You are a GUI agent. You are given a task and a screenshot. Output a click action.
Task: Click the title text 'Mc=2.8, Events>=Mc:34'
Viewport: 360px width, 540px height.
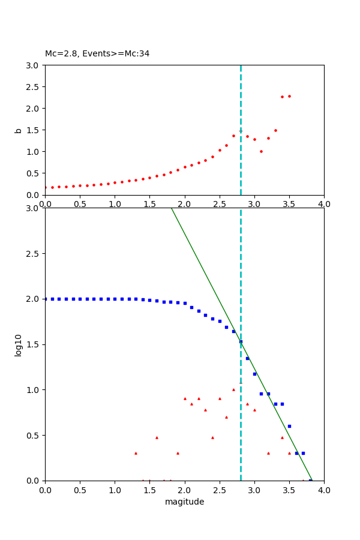point(97,53)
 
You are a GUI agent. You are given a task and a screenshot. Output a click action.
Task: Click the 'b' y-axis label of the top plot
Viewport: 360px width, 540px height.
point(19,130)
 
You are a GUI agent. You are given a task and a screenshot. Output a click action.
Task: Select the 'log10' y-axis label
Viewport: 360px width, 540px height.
point(19,345)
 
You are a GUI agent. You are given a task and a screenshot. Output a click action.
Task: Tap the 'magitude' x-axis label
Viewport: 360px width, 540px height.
point(184,502)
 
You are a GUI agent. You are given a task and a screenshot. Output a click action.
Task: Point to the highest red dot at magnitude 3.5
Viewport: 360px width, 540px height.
point(289,96)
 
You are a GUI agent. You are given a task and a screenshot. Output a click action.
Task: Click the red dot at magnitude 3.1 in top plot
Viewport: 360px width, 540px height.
point(261,151)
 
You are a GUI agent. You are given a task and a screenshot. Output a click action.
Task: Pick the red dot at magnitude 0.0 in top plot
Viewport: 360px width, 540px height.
point(45,187)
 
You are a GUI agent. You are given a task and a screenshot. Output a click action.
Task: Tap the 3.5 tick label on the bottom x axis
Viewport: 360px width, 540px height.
point(289,490)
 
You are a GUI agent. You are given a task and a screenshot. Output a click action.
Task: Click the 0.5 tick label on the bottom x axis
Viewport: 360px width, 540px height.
point(80,490)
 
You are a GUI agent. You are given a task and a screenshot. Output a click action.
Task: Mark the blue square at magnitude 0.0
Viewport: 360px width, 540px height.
point(46,299)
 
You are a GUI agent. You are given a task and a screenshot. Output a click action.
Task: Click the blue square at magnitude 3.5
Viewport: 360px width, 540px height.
point(289,426)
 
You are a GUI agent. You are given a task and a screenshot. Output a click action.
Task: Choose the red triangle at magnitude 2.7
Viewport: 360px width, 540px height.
point(233,389)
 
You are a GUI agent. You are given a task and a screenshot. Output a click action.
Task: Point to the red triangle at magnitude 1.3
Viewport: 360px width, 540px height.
point(136,453)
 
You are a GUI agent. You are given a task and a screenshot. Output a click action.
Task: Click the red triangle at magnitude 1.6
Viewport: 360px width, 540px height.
point(157,437)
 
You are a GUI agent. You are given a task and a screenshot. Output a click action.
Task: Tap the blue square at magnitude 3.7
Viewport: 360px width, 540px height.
point(303,453)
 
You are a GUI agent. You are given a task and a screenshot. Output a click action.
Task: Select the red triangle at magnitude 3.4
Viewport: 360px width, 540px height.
point(282,437)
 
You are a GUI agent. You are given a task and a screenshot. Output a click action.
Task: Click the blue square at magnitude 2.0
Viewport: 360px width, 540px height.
point(185,303)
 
